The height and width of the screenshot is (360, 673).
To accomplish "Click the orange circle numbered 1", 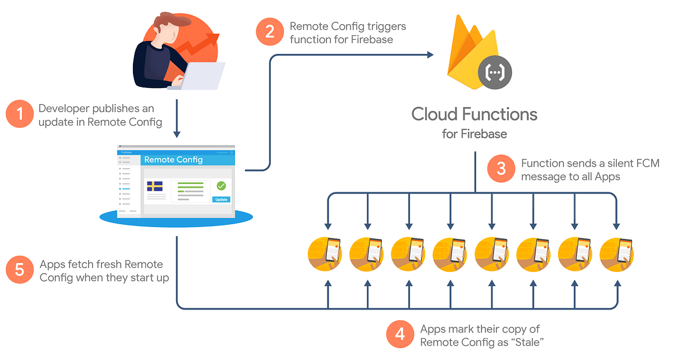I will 21,115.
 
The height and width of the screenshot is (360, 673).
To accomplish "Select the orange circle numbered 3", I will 501,168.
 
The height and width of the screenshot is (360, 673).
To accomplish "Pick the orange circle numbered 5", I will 20,270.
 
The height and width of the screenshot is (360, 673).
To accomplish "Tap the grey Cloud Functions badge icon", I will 495,73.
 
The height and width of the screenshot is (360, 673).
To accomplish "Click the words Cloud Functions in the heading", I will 474,114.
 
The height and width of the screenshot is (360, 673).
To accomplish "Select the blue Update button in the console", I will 222,199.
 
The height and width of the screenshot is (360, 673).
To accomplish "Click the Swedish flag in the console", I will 155,186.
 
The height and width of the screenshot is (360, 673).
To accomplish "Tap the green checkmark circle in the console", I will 221,186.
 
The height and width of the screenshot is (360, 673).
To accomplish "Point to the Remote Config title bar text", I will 173,160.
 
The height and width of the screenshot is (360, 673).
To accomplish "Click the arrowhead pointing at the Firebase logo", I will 430,54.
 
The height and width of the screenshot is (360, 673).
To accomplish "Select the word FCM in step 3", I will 649,163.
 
